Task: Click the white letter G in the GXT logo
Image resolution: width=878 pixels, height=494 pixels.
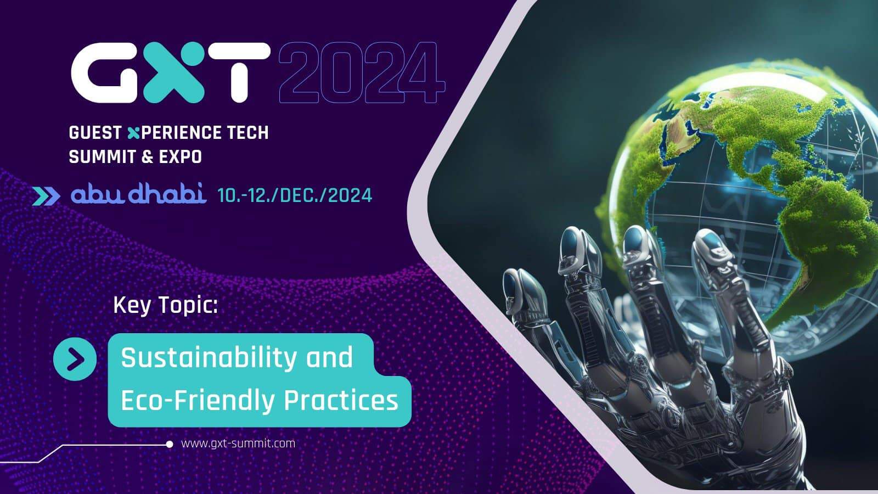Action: (104, 72)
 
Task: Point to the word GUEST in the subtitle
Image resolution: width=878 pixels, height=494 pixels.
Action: (95, 133)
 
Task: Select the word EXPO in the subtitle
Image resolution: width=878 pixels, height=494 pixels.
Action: (181, 157)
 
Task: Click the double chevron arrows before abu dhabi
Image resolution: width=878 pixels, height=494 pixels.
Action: (46, 196)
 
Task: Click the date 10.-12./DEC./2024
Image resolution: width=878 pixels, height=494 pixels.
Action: (295, 195)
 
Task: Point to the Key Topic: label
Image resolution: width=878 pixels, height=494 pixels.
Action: (165, 305)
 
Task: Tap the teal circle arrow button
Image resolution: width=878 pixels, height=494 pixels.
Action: (75, 360)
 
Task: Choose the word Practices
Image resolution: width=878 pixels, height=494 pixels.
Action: (341, 401)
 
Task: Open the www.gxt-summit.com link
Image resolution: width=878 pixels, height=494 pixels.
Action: (238, 444)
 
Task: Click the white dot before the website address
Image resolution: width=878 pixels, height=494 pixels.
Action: (170, 444)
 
